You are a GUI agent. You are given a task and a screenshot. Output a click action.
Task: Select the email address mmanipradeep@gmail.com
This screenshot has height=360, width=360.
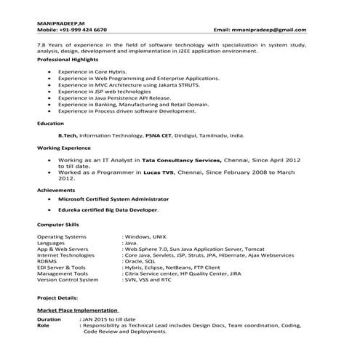[x=270, y=30]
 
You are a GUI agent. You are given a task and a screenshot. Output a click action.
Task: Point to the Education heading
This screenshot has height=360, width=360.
[x=50, y=124]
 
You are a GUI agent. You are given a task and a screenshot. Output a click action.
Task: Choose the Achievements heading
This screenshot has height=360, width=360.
[x=55, y=189]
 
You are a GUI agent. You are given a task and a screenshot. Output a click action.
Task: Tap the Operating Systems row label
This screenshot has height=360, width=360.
[x=61, y=237]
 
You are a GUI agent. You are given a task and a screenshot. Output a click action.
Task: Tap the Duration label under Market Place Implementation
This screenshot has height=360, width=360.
[x=49, y=319]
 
